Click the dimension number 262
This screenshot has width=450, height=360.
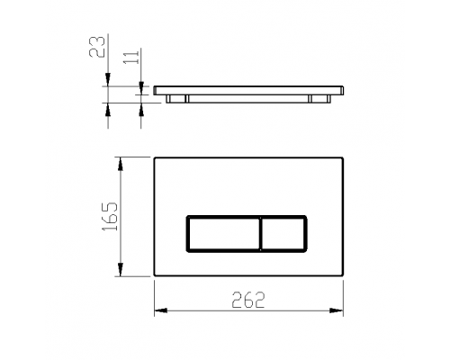[x=248, y=300]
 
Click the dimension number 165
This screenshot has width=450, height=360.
[x=110, y=216]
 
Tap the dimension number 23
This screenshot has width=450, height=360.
[x=97, y=47]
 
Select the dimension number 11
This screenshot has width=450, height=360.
[x=131, y=57]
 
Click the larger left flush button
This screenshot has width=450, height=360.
[x=223, y=234]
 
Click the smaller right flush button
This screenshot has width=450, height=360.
[x=283, y=234]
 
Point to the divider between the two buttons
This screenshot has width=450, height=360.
[x=261, y=234]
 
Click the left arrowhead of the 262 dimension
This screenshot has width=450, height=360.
[x=160, y=310]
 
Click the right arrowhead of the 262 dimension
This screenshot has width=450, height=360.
[x=337, y=310]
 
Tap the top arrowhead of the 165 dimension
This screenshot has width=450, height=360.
[x=121, y=164]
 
